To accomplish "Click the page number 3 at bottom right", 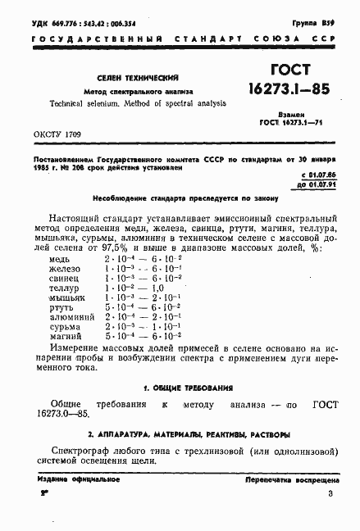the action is pos(329,494).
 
